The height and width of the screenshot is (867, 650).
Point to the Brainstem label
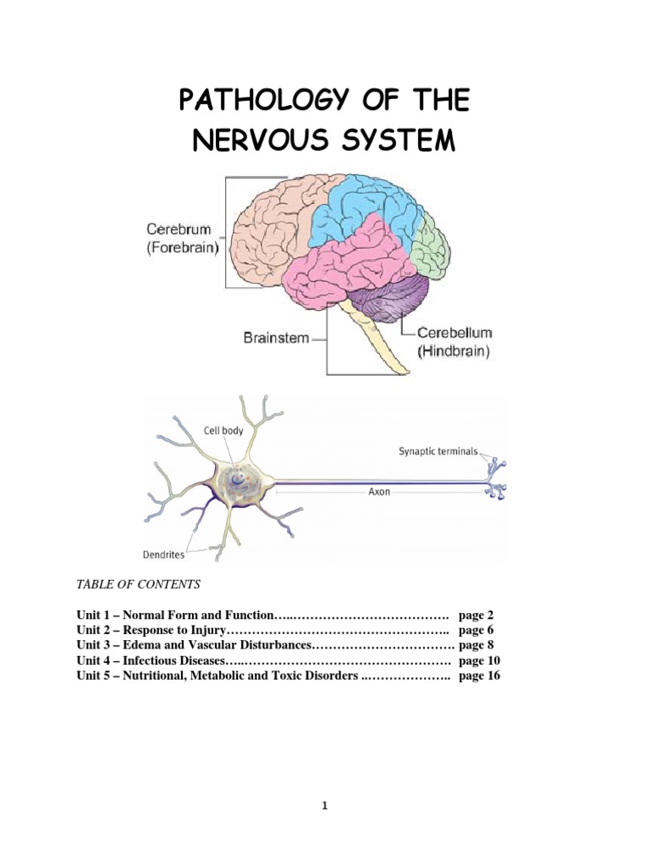pyautogui.click(x=275, y=338)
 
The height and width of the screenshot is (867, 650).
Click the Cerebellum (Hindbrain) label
pyautogui.click(x=454, y=341)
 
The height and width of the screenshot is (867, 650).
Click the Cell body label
pyautogui.click(x=223, y=431)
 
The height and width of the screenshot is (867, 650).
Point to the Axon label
pyautogui.click(x=379, y=492)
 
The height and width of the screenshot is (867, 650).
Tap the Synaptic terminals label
pyautogui.click(x=438, y=451)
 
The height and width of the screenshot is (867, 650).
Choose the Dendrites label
pyautogui.click(x=164, y=555)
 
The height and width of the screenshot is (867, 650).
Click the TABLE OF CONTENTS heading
pyautogui.click(x=138, y=584)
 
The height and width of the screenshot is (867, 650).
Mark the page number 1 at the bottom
pyautogui.click(x=325, y=807)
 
